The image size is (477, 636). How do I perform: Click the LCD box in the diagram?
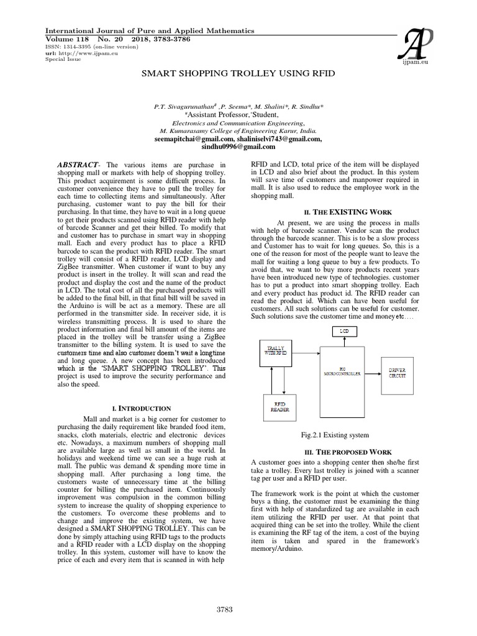345,332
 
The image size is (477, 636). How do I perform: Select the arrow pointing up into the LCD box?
345,340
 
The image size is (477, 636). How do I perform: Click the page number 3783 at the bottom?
223,609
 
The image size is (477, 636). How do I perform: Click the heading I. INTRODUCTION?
140,408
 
